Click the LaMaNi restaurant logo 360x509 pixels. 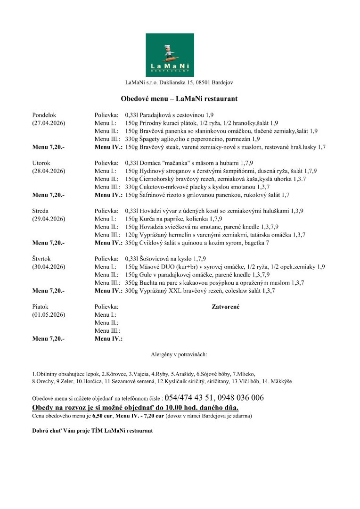tap(170, 55)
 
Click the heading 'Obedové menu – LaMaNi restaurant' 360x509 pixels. tap(179, 99)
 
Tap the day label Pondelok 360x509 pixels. tap(44, 115)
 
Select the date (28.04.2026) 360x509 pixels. tap(49, 171)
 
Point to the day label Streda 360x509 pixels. tap(41, 211)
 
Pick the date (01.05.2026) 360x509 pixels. tap(49, 315)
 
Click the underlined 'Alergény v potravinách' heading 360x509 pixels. tap(179, 353)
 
